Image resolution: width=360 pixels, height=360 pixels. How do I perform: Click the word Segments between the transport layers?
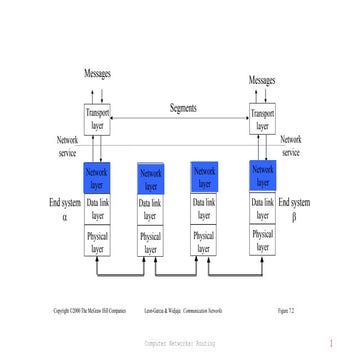pos(183,108)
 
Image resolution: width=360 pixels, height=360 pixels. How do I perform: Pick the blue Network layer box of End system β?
pos(262,176)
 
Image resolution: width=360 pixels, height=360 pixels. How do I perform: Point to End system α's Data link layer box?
pos(98,209)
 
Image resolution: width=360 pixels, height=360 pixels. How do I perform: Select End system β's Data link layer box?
pos(262,209)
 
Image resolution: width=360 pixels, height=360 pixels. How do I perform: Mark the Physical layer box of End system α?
pos(98,243)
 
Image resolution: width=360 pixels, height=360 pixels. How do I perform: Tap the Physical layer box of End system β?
pos(262,241)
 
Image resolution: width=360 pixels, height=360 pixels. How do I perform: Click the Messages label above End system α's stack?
pos(97,74)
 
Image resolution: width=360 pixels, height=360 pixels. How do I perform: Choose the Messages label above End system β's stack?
pos(262,79)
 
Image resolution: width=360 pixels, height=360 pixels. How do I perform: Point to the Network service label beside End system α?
pos(67,146)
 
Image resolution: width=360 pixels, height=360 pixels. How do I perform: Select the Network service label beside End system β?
pos(291,146)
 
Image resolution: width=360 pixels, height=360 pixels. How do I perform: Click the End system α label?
pos(65,209)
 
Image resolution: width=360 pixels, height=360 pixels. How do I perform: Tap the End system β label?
pos(294,209)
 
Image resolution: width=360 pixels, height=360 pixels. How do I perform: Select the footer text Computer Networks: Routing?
pos(180,342)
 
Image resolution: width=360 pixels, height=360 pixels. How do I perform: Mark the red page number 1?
pos(330,343)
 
